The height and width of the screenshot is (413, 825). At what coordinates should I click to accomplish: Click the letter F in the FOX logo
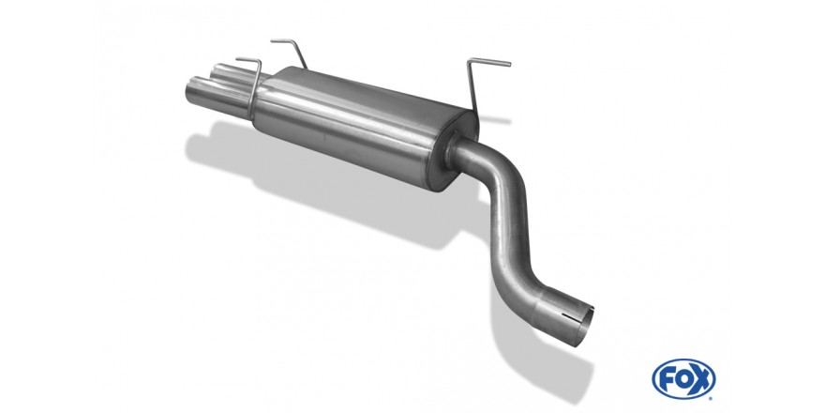point(667,379)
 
